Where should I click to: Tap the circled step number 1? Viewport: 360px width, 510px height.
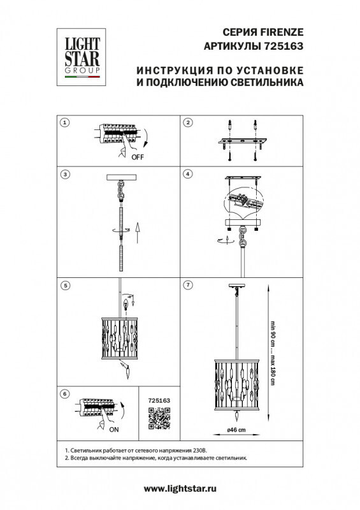(x=64, y=122)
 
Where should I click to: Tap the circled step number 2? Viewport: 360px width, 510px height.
(x=188, y=122)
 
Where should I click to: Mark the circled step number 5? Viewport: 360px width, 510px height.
(x=64, y=285)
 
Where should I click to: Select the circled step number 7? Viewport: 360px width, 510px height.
(x=188, y=285)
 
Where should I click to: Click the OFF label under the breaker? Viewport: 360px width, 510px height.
(x=137, y=156)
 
